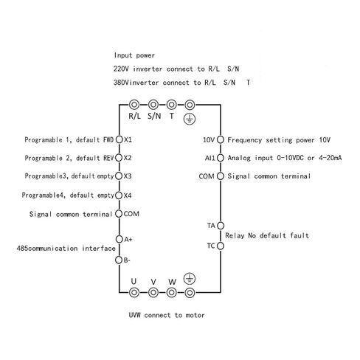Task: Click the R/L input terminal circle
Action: point(134,105)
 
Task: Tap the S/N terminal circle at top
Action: point(153,105)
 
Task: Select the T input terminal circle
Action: point(171,105)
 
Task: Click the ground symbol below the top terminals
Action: point(190,120)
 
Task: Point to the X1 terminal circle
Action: point(120,139)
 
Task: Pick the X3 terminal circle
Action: point(119,176)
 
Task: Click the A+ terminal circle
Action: point(120,239)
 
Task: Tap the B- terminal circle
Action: point(119,260)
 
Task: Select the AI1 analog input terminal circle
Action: point(221,158)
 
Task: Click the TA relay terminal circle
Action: point(221,226)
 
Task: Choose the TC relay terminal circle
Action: point(221,246)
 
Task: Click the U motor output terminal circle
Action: point(134,293)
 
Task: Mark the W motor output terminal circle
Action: point(171,293)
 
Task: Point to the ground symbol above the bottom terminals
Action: point(190,279)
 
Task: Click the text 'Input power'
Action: point(134,55)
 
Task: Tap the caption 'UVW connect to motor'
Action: point(167,315)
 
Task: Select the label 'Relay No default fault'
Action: point(267,235)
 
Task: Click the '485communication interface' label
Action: point(66,249)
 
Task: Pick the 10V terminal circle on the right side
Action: point(221,139)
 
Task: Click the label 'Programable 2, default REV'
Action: point(69,158)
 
